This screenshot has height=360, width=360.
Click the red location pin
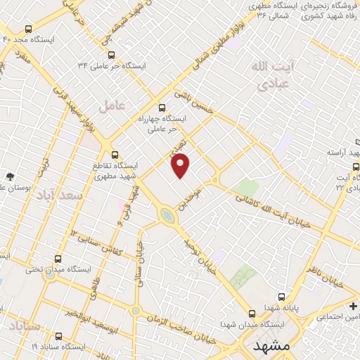pos(181,165)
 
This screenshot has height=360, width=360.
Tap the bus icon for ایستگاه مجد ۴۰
pos(27,30)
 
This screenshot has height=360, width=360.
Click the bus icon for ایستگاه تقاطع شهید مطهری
pos(115,155)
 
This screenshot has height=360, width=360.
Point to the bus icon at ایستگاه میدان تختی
pos(58,259)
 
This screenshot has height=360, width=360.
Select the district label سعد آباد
pos(54,195)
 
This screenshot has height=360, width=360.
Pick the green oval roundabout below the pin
pos(168,215)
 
